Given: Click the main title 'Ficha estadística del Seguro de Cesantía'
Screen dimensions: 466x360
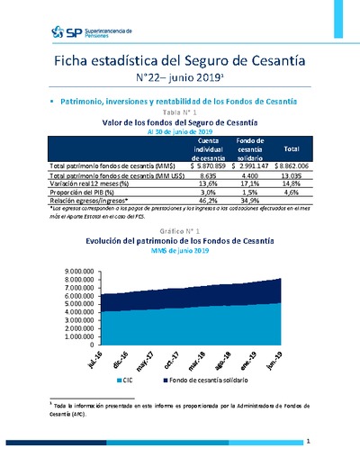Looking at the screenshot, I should click(x=180, y=60).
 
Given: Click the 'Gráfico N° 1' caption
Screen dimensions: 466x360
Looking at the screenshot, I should click(x=181, y=230).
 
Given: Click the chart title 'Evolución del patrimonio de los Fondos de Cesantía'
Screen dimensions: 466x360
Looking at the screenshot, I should click(x=180, y=241).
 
